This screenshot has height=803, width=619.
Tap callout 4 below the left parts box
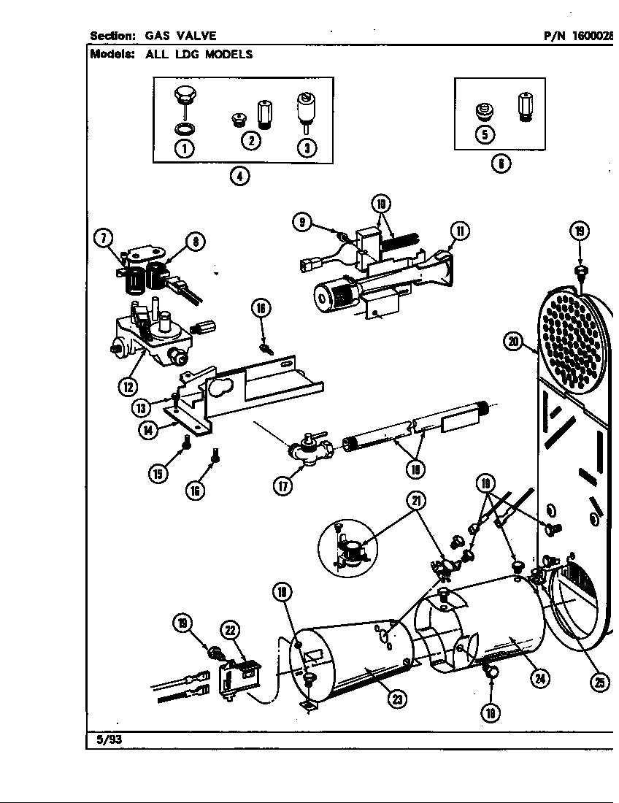pos(239,176)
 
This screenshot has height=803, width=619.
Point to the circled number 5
pos(484,134)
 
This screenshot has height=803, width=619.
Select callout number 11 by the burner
pos(460,232)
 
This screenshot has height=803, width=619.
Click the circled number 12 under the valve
pos(129,385)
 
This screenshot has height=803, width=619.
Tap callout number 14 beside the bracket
pos(149,429)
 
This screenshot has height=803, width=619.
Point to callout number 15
pos(158,473)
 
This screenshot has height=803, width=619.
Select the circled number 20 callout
pos(515,341)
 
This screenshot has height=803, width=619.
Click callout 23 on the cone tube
pos(396,698)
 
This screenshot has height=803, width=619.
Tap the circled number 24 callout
pos(539,678)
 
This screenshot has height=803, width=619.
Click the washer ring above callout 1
pos(185,128)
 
